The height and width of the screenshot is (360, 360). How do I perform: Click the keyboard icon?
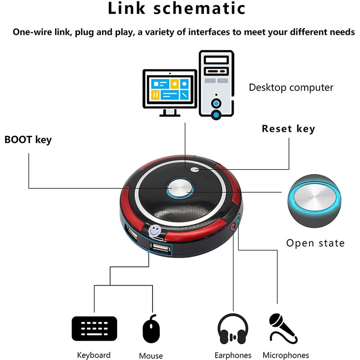coord(94,328)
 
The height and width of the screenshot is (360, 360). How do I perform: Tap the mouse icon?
coord(151,329)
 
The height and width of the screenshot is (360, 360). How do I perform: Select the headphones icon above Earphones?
coord(233,329)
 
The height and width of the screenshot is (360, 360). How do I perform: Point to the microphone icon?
coord(283,328)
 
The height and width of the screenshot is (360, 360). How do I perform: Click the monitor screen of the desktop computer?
coord(170,89)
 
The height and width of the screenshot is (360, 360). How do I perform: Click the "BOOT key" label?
coord(28,140)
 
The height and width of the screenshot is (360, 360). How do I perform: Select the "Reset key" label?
coord(288,129)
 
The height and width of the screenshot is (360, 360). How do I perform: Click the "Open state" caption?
coord(315,243)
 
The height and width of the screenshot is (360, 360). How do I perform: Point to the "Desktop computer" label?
coord(291,87)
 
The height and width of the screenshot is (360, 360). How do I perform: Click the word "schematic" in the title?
coord(199,8)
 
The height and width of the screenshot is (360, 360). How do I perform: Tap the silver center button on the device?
coord(180,188)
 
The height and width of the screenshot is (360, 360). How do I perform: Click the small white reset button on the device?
coord(195,170)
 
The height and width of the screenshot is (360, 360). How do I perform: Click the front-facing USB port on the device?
coord(161,248)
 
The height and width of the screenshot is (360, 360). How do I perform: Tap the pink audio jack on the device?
coord(233,227)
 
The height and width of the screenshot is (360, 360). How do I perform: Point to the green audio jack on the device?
coord(238,218)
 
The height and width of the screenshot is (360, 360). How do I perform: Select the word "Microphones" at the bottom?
coord(286,355)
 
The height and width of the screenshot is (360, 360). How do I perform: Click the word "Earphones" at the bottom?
coord(233,355)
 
